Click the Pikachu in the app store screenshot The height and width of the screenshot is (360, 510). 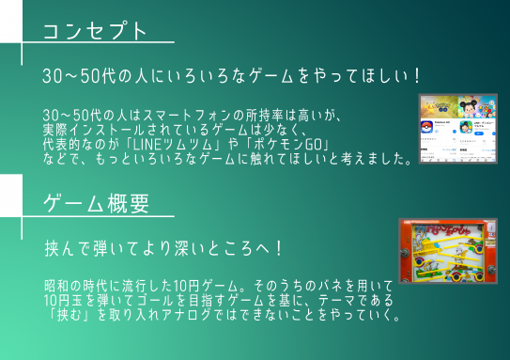433,103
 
